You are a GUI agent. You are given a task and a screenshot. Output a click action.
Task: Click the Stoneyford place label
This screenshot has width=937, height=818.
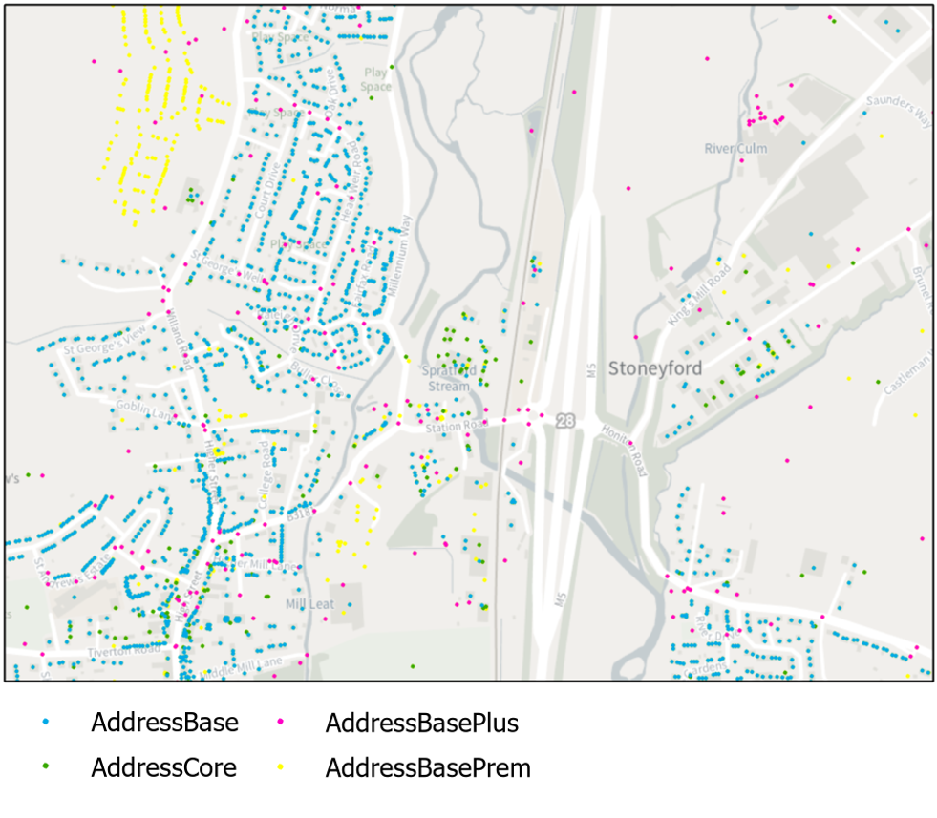(x=655, y=368)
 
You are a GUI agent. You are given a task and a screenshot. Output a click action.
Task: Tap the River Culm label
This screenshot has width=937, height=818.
(x=735, y=149)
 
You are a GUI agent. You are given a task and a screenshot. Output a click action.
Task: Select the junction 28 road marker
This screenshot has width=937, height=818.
(x=566, y=421)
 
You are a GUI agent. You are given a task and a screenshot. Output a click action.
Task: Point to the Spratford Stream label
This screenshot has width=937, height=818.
(x=448, y=378)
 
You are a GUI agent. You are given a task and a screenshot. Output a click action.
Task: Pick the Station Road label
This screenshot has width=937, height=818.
(x=457, y=426)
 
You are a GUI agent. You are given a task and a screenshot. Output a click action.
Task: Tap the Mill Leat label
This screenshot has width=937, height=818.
(x=309, y=604)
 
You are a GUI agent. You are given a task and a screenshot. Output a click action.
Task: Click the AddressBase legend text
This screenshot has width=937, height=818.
(x=164, y=723)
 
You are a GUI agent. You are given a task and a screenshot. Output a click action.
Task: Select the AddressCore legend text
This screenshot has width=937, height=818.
(x=163, y=766)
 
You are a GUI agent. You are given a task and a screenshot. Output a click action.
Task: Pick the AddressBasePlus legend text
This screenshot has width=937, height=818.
(x=422, y=723)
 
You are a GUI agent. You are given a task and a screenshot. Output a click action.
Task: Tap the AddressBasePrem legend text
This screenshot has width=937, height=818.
(x=428, y=766)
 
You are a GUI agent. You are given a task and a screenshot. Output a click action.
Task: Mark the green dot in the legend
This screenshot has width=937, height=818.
(x=47, y=766)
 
